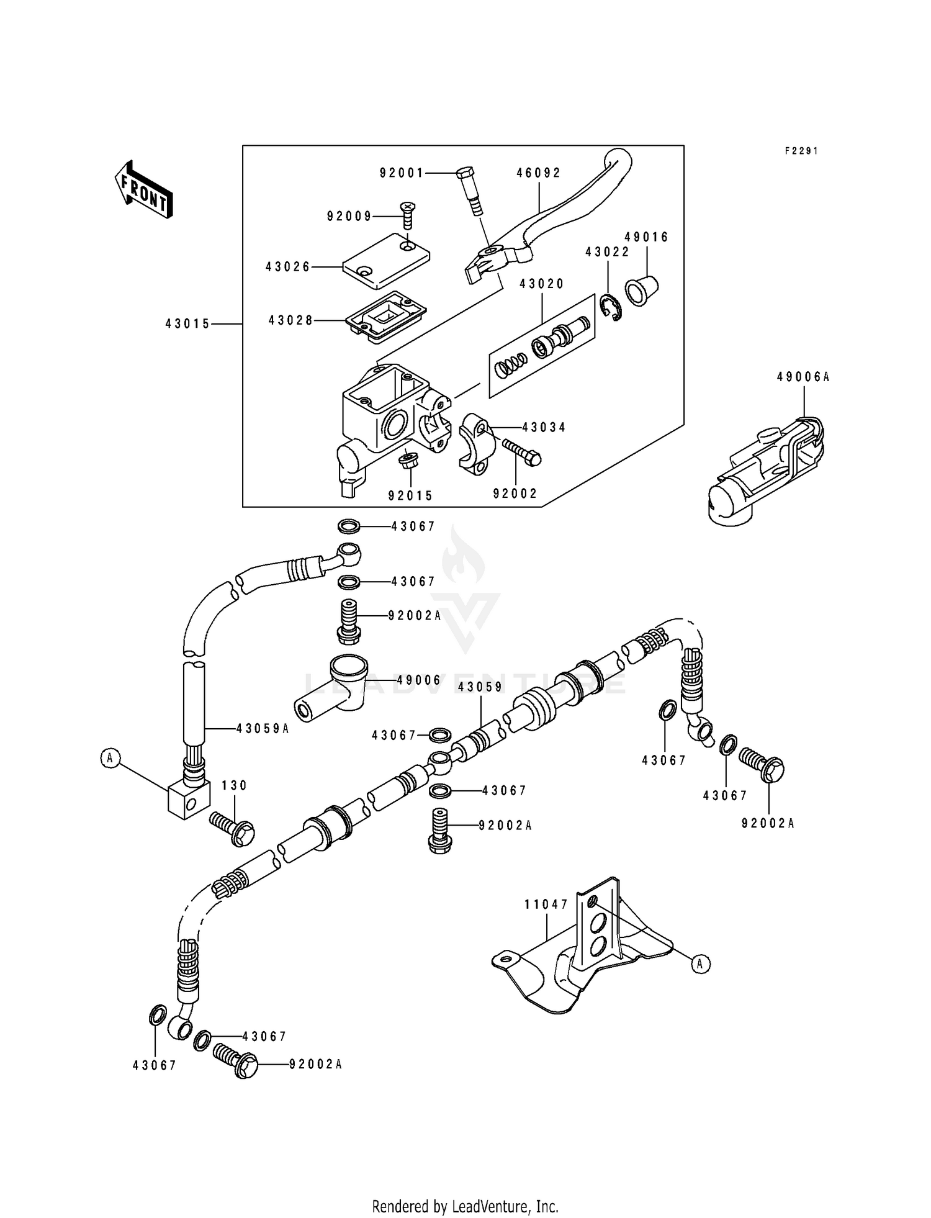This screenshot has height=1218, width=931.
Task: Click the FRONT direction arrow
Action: pos(143,189)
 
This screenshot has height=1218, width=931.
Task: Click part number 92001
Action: pos(402,173)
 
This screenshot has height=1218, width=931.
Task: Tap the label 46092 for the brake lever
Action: pos(538,173)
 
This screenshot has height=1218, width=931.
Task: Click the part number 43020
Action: pos(542,284)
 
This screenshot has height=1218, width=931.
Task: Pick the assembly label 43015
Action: pos(187,323)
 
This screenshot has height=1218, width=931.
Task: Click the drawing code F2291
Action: pos(801,151)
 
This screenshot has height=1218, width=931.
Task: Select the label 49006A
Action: pos(803,377)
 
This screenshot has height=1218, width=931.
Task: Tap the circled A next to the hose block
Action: pos(110,757)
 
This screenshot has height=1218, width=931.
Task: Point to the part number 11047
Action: pos(546,904)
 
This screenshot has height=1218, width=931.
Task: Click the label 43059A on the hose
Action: pos(263,729)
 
